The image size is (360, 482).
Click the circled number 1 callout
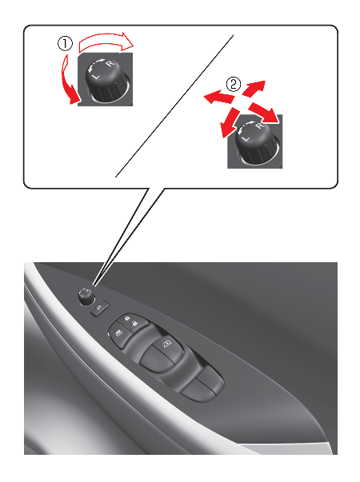[66, 44]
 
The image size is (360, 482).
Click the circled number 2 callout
[234, 84]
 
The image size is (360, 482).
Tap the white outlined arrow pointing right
[106, 42]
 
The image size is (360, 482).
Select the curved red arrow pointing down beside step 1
[70, 81]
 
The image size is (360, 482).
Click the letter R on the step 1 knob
[110, 64]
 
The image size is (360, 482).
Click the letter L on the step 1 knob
[96, 76]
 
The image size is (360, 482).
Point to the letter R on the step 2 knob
[260, 126]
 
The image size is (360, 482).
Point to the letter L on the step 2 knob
[246, 138]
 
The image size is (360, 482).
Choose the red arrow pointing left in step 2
[219, 98]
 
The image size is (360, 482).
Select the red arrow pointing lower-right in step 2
[265, 113]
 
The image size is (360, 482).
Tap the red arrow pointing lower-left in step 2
[230, 122]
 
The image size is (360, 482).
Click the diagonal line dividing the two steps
[174, 106]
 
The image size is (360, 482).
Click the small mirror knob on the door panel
[86, 297]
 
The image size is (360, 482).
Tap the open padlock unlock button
[134, 324]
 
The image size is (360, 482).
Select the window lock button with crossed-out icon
[118, 333]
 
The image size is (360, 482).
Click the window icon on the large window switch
[166, 344]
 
